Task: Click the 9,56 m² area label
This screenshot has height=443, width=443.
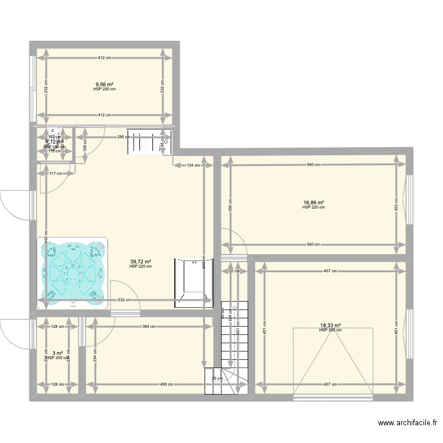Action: [105, 84]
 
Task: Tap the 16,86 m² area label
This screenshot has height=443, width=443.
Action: [314, 203]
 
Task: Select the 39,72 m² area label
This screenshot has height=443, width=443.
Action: [141, 262]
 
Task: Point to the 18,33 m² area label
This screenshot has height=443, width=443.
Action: [331, 325]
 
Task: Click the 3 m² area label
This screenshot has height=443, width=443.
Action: [57, 353]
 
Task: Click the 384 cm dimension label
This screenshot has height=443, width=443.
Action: [148, 327]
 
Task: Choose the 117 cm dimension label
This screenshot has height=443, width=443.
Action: [56, 173]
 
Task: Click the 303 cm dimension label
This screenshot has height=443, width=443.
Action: [397, 204]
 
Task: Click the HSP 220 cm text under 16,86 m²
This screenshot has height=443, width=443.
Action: [314, 207]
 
